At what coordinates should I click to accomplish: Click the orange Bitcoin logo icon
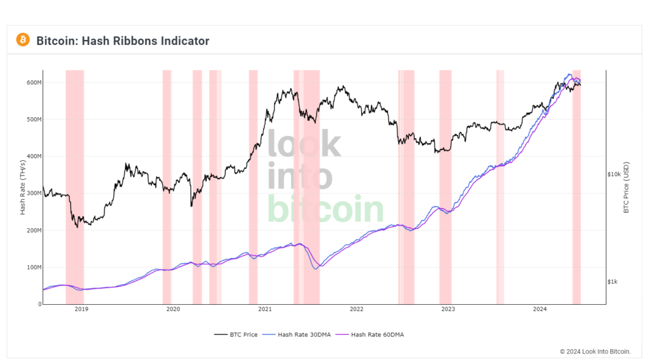coord(23,40)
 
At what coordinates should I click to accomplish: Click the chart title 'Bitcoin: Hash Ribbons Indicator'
coord(122,41)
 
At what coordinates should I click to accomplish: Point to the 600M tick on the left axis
coord(33,82)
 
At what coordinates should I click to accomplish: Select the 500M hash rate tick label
coord(33,119)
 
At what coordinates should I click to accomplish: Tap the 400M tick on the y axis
coord(33,156)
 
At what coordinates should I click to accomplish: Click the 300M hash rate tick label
coord(33,193)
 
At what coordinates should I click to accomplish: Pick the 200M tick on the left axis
coord(33,230)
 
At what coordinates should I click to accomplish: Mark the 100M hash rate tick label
coord(33,267)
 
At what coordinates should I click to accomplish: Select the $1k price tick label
coord(613,281)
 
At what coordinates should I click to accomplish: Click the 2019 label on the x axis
coord(81,309)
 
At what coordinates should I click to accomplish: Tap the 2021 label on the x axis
coord(265,309)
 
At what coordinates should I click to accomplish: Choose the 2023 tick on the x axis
coord(448,309)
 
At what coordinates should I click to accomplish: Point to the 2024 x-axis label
coord(539,309)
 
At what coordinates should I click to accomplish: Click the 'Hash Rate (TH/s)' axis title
coord(23,187)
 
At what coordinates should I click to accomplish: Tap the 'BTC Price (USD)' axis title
coord(626,187)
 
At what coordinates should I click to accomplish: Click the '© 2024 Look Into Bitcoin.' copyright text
coord(595,351)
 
